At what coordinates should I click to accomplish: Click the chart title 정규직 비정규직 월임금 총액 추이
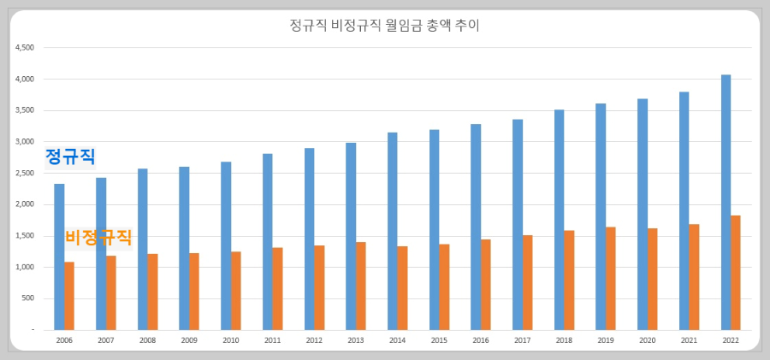pyautogui.click(x=385, y=26)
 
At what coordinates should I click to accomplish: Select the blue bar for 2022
pyautogui.click(x=726, y=202)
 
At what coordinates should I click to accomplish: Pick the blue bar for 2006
pyautogui.click(x=59, y=257)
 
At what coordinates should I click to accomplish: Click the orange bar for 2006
pyautogui.click(x=69, y=295)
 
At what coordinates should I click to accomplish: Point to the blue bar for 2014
pyautogui.click(x=393, y=231)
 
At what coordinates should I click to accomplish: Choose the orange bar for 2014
pyautogui.click(x=402, y=287)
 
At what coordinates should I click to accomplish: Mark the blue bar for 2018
pyautogui.click(x=559, y=219)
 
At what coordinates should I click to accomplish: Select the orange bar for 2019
pyautogui.click(x=611, y=278)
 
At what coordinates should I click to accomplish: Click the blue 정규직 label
pyautogui.click(x=70, y=157)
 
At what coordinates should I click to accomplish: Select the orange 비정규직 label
pyautogui.click(x=99, y=237)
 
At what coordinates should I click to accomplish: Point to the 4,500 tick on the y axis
pyautogui.click(x=25, y=48)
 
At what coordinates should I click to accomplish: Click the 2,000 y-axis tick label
pyautogui.click(x=25, y=204)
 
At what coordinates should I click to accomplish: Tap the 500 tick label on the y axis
pyautogui.click(x=27, y=298)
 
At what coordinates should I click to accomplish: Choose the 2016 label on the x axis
pyautogui.click(x=481, y=340)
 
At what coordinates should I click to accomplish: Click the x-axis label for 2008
pyautogui.click(x=147, y=340)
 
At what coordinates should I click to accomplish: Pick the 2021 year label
pyautogui.click(x=689, y=340)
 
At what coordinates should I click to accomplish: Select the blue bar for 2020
pyautogui.click(x=643, y=214)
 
